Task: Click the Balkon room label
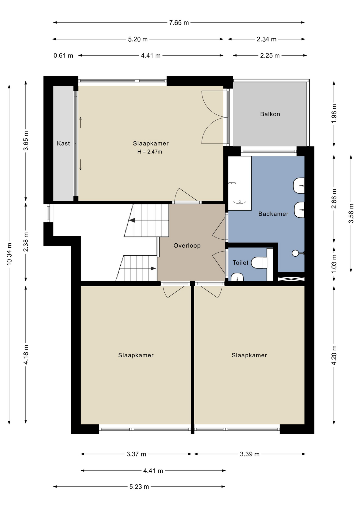[270, 114]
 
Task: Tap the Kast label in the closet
[63, 143]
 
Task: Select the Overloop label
[187, 246]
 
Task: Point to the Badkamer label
[273, 214]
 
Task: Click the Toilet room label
[240, 263]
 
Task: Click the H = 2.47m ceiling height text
[150, 152]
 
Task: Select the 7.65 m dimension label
[179, 23]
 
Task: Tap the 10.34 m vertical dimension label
[9, 254]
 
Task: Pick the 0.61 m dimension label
[63, 56]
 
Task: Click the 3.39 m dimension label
[250, 454]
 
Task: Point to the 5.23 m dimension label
[139, 487]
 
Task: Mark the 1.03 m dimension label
[334, 264]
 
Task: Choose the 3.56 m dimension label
[351, 213]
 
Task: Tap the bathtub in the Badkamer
[240, 183]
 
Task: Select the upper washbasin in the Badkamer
[299, 186]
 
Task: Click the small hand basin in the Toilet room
[237, 277]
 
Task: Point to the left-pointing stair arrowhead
[132, 220]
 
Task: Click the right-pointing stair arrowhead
[153, 268]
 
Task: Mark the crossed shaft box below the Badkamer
[291, 279]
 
